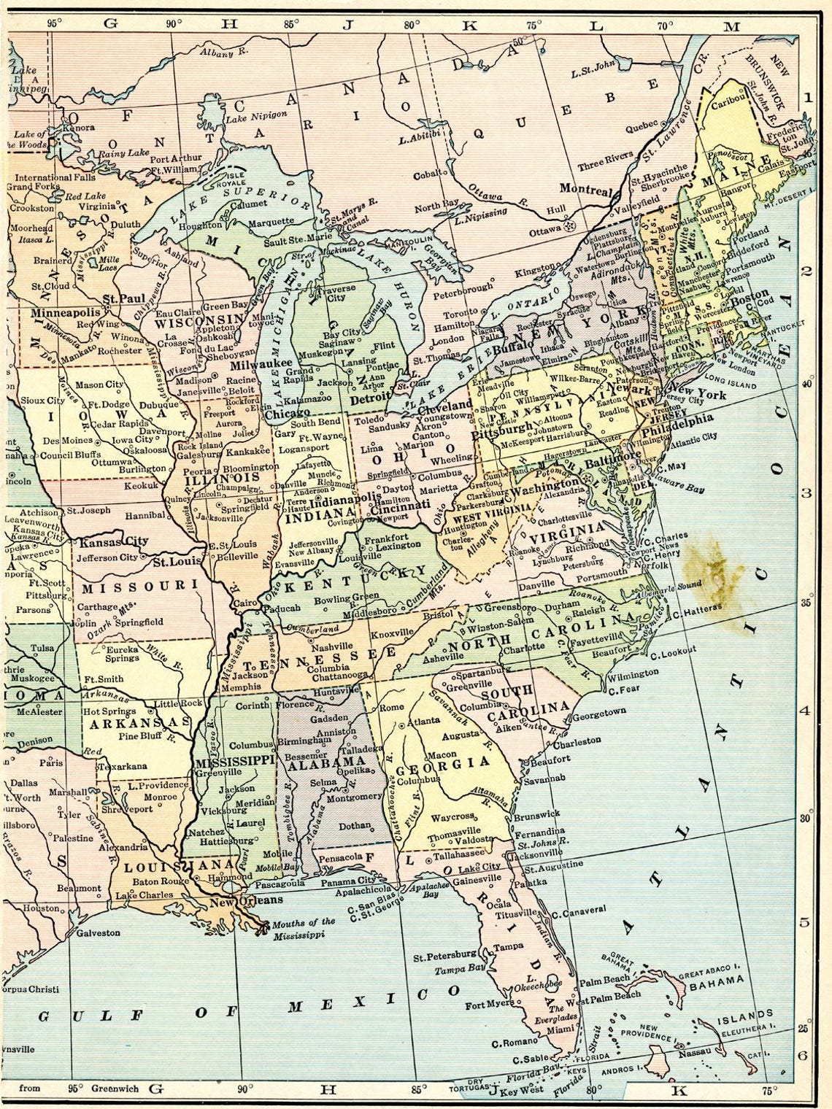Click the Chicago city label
(285, 414)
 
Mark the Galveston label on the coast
(95, 932)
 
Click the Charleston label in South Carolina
(577, 740)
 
